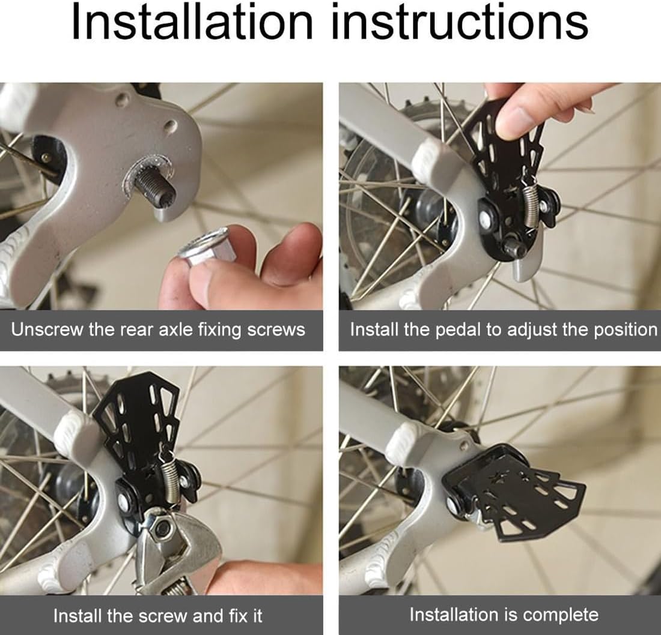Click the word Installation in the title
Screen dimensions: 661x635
click(192, 21)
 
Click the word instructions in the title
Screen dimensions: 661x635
click(460, 21)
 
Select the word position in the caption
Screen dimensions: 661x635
click(626, 330)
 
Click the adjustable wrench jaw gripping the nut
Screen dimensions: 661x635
click(177, 543)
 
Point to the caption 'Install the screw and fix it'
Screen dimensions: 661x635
click(157, 616)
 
